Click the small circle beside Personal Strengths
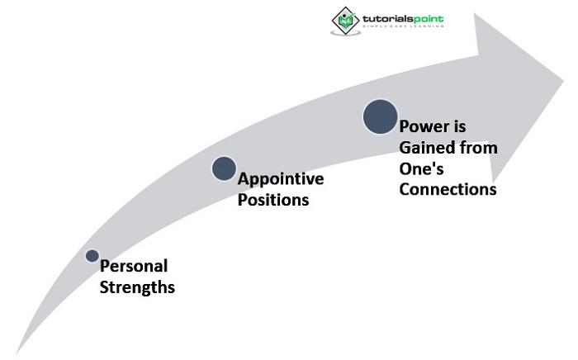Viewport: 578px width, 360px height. tap(92, 256)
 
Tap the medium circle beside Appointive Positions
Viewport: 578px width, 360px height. tap(224, 168)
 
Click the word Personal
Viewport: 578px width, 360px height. tap(134, 267)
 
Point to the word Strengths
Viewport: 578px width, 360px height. tap(137, 287)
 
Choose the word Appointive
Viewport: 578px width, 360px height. tap(281, 178)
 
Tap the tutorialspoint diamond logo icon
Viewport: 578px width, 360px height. tap(344, 19)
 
